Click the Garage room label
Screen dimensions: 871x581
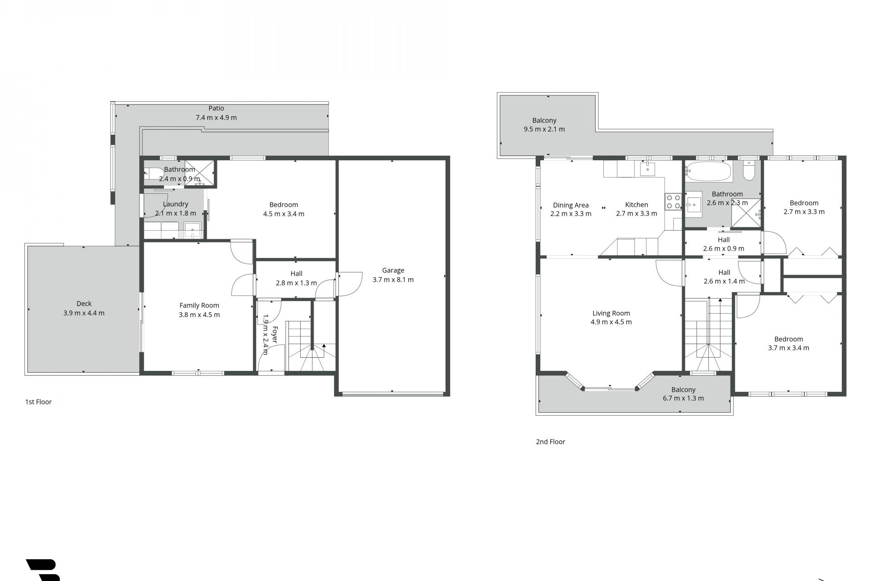[393, 270]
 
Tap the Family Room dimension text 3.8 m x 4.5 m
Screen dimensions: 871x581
[199, 315]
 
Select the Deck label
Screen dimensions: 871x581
[84, 304]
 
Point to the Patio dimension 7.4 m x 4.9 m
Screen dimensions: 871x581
[216, 117]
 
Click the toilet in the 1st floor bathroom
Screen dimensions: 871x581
[153, 172]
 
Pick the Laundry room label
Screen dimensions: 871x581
[176, 204]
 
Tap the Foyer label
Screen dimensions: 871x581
[274, 334]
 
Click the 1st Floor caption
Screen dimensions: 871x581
[39, 402]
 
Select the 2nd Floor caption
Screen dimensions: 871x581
[550, 442]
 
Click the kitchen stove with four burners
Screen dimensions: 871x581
[673, 202]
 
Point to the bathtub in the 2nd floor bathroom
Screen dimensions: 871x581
[708, 172]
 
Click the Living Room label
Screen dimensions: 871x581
[611, 313]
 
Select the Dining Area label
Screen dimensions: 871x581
[571, 205]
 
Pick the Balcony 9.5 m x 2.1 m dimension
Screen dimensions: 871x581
[544, 129]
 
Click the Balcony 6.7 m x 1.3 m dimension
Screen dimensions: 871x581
[683, 398]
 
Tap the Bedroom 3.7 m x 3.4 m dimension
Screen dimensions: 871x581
[788, 348]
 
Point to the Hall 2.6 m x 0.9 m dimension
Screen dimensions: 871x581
[724, 248]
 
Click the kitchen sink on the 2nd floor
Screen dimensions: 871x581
[647, 168]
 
